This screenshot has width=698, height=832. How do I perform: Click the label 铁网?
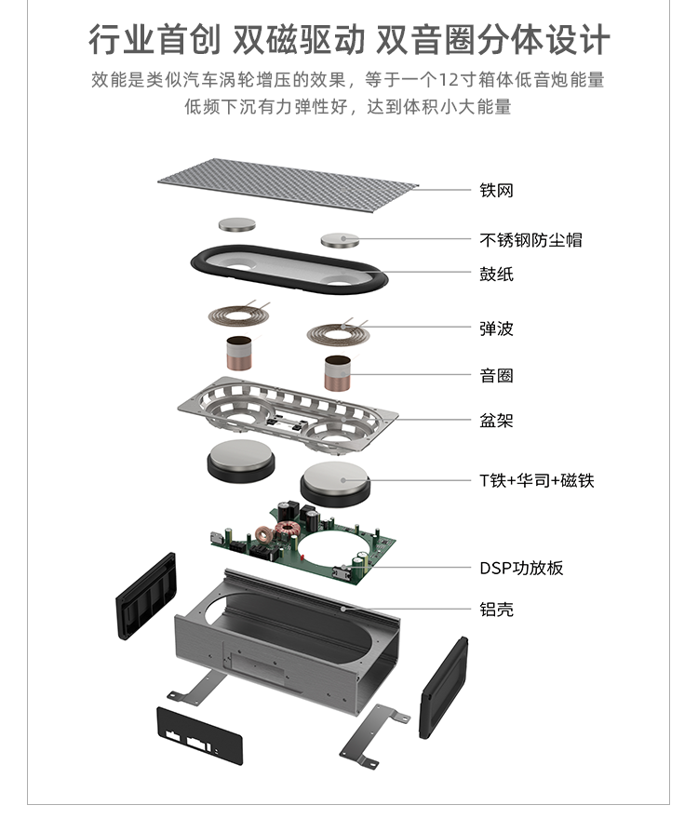[x=496, y=191]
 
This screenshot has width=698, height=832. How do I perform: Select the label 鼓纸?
[x=496, y=274]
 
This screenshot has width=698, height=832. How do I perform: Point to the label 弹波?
[x=496, y=329]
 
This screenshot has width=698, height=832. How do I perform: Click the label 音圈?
[x=496, y=376]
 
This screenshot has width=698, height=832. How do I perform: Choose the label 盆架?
[x=496, y=421]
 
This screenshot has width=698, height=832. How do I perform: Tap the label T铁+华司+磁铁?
[x=536, y=480]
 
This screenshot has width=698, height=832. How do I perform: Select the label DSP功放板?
[x=521, y=568]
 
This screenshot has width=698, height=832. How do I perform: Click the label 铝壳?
[x=496, y=610]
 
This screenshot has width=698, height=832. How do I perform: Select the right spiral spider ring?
[x=336, y=330]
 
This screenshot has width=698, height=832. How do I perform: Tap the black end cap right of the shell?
[x=444, y=683]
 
